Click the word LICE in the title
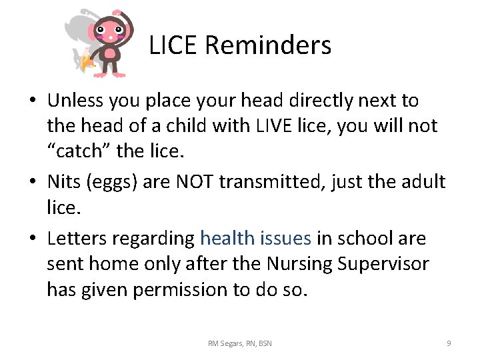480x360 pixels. coord(173,46)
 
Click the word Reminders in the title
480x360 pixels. coord(268,46)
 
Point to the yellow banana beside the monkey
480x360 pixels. coord(86,63)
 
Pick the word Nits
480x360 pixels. coord(64,182)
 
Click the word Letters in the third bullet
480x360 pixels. coord(75,238)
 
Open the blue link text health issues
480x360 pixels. coord(255,238)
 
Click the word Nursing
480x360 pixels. coord(299,264)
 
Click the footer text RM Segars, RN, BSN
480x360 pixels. coord(239,343)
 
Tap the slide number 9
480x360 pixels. coord(448,343)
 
